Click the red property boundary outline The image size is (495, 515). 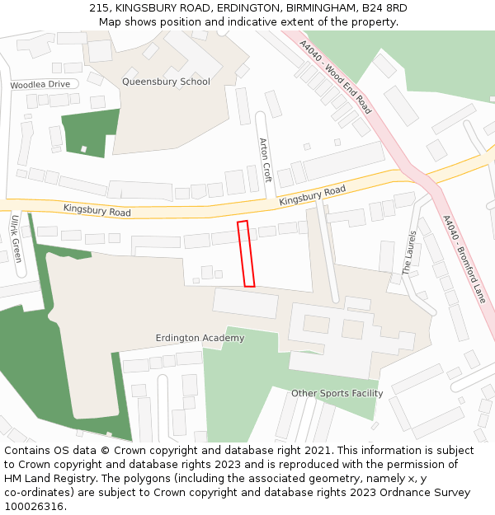click(246, 254)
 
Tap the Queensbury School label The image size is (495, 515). click(166, 82)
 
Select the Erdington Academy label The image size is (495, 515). click(200, 338)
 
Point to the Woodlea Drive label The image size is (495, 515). click(40, 85)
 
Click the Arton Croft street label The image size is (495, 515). click(265, 159)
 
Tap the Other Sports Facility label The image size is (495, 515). click(337, 393)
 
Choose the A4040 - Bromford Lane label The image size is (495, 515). click(464, 259)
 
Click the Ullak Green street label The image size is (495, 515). click(16, 238)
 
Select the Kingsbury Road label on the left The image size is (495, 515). click(97, 212)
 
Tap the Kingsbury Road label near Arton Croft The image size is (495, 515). click(312, 195)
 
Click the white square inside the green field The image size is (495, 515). click(83, 149)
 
